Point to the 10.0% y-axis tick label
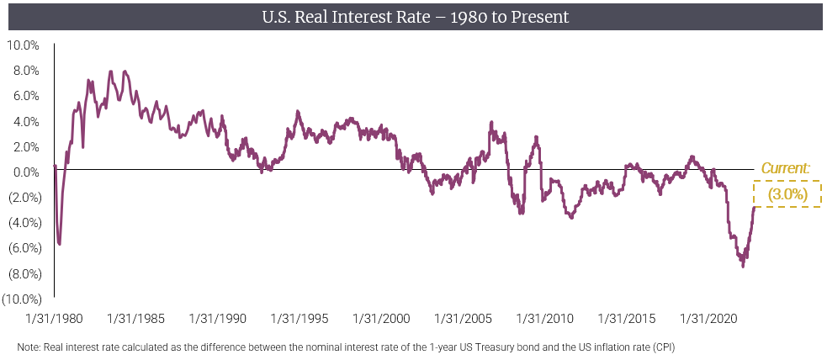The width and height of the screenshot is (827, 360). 24,45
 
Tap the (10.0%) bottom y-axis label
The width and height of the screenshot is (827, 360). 22,299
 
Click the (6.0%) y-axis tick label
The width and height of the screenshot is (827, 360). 24,248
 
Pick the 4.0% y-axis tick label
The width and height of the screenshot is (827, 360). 25,121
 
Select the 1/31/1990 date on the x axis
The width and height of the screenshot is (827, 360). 218,320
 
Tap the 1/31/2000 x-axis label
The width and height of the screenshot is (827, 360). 381,320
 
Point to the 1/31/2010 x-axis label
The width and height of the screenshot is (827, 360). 545,320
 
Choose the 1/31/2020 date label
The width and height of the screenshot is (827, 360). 708,320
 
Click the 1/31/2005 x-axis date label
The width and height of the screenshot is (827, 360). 463,320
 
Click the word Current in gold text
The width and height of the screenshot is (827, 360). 785,168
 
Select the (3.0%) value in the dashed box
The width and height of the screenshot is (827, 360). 787,194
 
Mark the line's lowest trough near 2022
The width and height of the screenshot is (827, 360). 743,266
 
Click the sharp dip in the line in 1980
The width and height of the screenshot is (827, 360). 59,244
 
